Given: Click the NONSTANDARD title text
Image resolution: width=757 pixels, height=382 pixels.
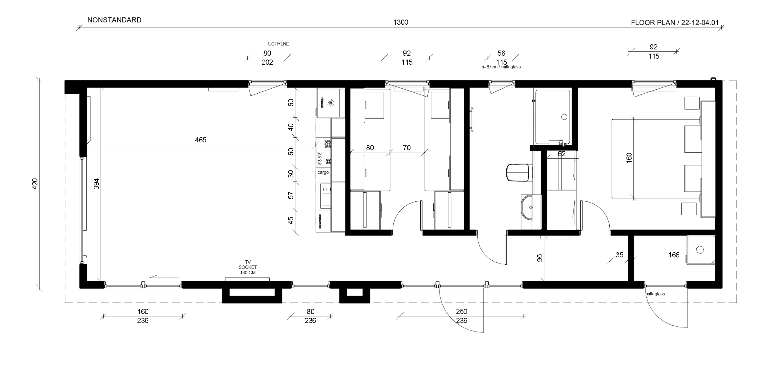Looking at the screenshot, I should [114, 20].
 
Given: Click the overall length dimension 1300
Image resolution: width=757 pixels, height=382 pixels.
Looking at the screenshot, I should [400, 22].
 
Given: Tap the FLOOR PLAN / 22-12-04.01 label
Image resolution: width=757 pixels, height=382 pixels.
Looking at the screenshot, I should [675, 23].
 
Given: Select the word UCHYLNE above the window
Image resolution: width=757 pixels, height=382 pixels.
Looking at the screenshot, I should [278, 44].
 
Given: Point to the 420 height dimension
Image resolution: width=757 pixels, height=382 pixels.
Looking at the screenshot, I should [35, 184].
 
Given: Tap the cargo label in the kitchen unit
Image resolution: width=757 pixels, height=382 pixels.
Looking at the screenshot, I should [323, 172].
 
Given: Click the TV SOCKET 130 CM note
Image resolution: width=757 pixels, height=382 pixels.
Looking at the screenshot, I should [247, 267].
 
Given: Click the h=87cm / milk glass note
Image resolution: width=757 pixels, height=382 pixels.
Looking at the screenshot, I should [501, 67].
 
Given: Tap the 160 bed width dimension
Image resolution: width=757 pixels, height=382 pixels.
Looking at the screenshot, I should [629, 158].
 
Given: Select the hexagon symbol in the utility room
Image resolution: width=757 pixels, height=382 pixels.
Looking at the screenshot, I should [700, 250].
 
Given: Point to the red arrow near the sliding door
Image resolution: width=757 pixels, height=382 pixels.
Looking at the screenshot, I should [164, 277].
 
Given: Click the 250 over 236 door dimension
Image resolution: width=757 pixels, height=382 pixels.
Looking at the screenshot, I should [461, 316].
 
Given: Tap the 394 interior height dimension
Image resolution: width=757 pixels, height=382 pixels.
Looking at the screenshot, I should [96, 184].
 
